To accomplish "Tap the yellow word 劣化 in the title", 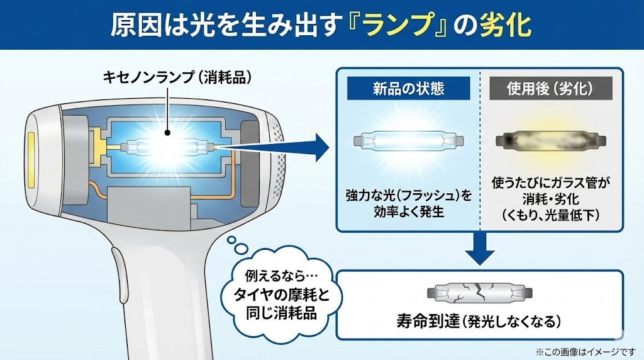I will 504,25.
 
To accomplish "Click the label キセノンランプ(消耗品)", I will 169,78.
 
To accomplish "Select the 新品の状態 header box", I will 409,89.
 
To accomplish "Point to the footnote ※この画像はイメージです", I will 586,351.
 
